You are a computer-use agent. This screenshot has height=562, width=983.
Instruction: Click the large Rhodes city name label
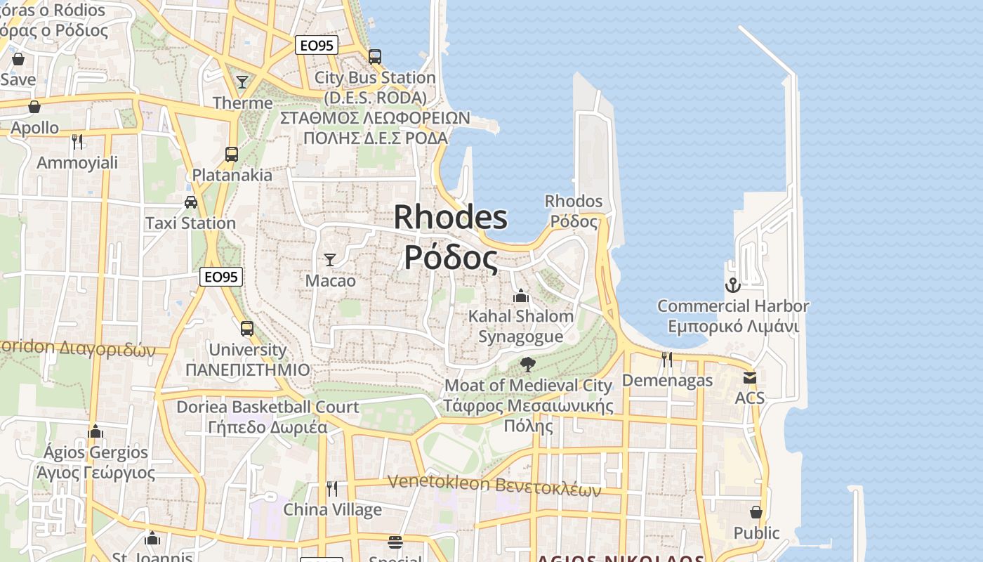coord(450,237)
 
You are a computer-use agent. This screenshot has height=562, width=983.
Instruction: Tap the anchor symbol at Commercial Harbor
coord(732,285)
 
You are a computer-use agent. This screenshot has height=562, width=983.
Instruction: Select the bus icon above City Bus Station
coord(375,56)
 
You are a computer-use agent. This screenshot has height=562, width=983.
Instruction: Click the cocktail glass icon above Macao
coord(329,259)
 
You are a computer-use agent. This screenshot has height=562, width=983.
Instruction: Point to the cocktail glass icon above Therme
coord(242,82)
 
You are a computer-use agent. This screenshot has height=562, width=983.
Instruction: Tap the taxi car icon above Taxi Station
coord(190,202)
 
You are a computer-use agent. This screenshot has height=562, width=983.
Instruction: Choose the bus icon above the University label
coord(247,328)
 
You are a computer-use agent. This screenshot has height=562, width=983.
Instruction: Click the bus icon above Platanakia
coord(232,154)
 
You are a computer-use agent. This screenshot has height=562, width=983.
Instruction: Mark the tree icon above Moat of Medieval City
coord(527,365)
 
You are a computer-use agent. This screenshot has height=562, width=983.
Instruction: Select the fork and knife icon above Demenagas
coord(667,360)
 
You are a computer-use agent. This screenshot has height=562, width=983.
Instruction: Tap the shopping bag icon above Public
coord(756,512)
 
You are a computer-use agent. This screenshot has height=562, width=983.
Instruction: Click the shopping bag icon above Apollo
coord(34,107)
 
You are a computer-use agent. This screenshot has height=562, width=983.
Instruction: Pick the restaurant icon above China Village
coord(332,488)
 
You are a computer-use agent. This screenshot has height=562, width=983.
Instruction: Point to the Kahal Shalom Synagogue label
coord(520,326)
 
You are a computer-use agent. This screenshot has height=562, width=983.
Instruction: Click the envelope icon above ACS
coord(749,377)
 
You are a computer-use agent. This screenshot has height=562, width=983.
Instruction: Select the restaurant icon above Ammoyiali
coord(77,142)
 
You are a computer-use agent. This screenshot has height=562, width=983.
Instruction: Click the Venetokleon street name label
coord(494,485)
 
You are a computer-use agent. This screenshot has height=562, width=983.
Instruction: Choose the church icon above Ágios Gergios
coord(95,431)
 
